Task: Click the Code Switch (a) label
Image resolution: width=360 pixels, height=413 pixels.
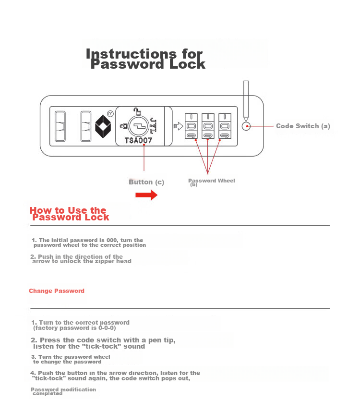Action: click(303, 126)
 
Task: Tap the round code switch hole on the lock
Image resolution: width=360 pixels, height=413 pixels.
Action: click(246, 126)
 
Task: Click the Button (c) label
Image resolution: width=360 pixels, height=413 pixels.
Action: click(146, 182)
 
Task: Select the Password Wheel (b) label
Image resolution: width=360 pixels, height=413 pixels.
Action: click(212, 182)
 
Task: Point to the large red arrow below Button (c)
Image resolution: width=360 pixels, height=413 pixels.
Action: click(146, 195)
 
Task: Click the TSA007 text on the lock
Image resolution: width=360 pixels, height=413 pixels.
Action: click(139, 140)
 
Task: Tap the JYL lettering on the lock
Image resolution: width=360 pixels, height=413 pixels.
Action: click(153, 126)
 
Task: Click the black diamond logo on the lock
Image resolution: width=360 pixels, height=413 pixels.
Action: click(103, 126)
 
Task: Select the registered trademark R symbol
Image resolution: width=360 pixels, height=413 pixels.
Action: click(110, 113)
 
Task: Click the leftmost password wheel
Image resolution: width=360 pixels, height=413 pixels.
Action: click(191, 126)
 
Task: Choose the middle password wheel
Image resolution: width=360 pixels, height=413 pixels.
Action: click(208, 126)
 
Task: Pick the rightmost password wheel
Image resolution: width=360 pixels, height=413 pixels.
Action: click(225, 126)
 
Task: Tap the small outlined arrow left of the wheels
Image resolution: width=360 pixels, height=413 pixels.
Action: click(178, 126)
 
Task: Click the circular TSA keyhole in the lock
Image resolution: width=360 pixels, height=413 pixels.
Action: click(139, 126)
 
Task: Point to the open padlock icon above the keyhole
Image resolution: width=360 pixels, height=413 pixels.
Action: click(137, 111)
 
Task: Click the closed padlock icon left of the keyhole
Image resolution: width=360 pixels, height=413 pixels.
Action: click(124, 126)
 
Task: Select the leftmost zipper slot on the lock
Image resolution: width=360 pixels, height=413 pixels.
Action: click(60, 126)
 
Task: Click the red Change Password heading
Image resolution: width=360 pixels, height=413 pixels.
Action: click(57, 291)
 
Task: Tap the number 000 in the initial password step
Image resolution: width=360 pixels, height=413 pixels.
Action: click(112, 240)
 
